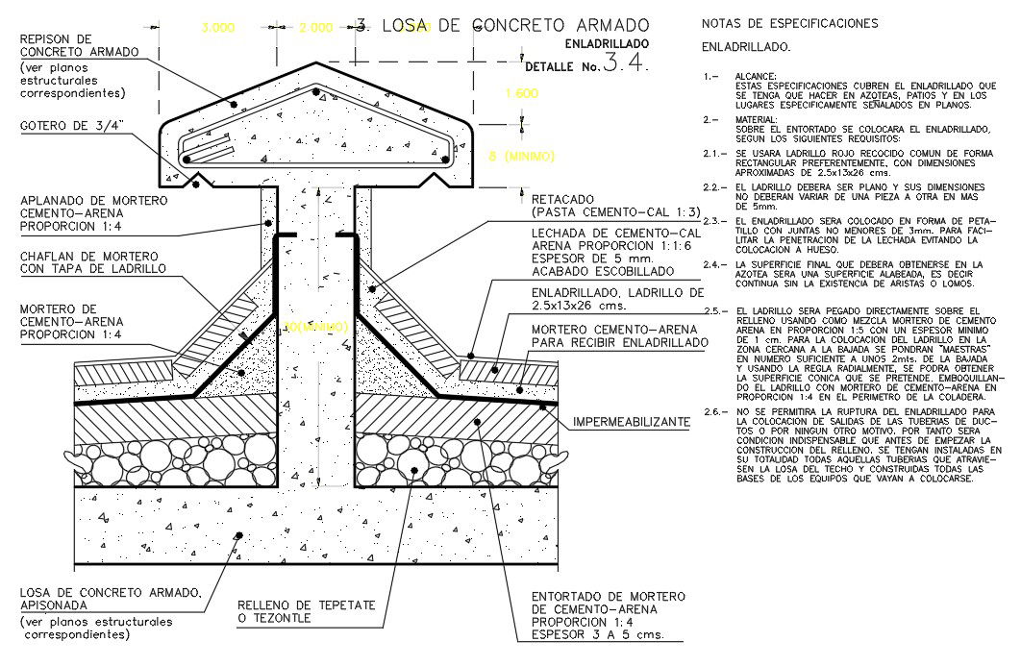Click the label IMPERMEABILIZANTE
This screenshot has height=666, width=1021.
click(631, 422)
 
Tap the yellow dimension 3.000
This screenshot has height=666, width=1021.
click(217, 29)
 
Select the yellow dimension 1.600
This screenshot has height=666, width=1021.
click(521, 94)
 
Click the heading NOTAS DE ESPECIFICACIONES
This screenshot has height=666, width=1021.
click(789, 23)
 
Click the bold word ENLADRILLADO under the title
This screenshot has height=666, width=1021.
click(607, 44)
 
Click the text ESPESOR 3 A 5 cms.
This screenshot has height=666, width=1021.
click(598, 635)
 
